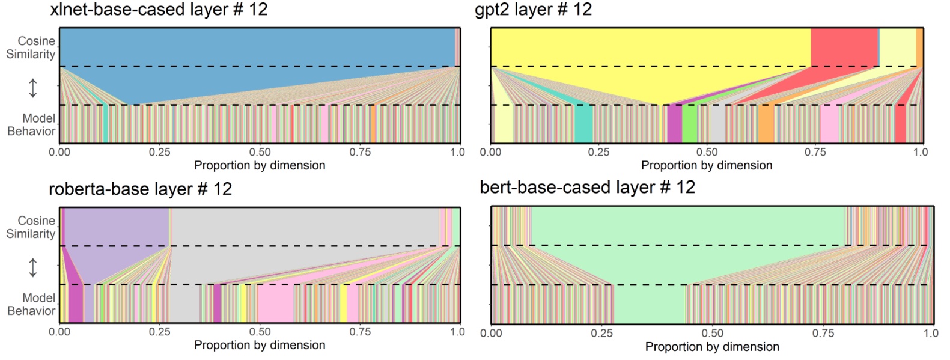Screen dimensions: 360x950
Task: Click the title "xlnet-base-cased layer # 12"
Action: click(x=158, y=10)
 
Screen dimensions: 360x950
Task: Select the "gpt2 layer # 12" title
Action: click(x=533, y=10)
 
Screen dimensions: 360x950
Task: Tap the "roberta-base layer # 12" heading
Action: click(x=140, y=189)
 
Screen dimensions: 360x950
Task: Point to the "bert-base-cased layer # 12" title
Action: click(x=587, y=188)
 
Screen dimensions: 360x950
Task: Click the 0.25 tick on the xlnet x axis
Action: click(x=159, y=153)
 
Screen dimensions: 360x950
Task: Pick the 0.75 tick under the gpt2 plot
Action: click(x=815, y=153)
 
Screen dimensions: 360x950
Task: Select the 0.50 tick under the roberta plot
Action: click(x=260, y=332)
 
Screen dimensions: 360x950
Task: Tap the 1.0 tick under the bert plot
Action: click(x=931, y=333)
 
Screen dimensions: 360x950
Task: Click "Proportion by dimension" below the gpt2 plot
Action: click(x=707, y=165)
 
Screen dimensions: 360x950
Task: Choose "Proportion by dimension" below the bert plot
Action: click(x=712, y=347)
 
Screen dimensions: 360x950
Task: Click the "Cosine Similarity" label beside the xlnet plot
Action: click(x=31, y=47)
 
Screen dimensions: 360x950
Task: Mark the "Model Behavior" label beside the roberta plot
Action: click(x=31, y=304)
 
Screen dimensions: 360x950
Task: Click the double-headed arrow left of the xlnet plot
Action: click(x=33, y=88)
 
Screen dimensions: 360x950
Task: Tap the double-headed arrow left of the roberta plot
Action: click(x=33, y=267)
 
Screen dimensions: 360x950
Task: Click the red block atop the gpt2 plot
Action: click(x=844, y=47)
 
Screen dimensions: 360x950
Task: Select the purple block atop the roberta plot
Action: click(x=116, y=226)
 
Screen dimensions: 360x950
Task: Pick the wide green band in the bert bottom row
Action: click(x=650, y=304)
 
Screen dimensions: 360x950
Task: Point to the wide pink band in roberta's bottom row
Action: click(x=275, y=304)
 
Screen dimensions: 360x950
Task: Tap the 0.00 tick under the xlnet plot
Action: click(x=59, y=153)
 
